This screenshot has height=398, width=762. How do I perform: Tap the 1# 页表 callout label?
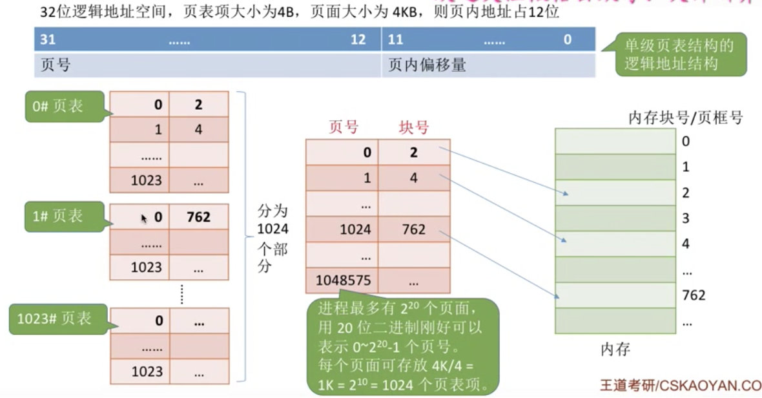point(59,216)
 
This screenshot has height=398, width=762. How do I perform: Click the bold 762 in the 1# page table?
point(198,217)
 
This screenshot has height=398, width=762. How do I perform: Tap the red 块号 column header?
point(413,127)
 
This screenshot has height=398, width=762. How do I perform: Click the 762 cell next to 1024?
point(413,229)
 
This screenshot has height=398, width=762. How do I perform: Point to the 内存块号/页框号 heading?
point(685,117)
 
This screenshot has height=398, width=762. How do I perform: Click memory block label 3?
point(686,218)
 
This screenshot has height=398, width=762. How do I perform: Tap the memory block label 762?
point(694,295)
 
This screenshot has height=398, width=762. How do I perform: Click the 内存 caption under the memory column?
point(615,350)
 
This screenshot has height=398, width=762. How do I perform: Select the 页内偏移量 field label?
point(427,65)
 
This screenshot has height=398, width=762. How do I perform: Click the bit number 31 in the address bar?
point(48,39)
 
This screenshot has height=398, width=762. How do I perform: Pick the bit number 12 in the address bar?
point(358,39)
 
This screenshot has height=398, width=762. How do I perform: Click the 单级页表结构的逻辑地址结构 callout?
point(679,55)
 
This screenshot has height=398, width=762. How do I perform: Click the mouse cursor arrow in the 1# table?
point(145,219)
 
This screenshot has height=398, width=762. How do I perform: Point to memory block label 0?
point(686,141)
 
